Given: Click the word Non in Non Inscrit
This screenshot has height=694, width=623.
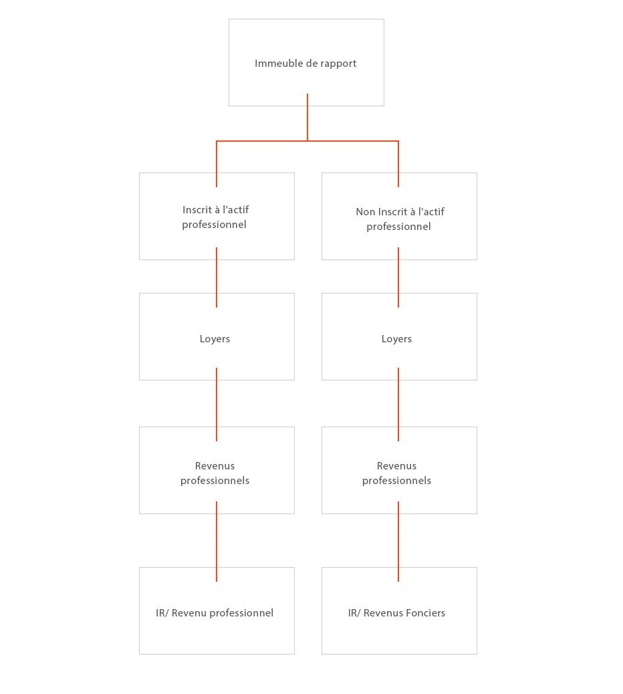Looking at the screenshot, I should pyautogui.click(x=366, y=212).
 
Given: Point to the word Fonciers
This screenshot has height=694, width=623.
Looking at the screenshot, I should pyautogui.click(x=424, y=613).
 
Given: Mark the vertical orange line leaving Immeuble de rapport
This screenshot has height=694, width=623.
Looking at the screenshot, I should pyautogui.click(x=307, y=118).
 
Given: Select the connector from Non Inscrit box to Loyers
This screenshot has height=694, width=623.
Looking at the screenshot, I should pyautogui.click(x=398, y=277).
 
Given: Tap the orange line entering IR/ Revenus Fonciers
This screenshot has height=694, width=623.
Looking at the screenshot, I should pyautogui.click(x=398, y=541).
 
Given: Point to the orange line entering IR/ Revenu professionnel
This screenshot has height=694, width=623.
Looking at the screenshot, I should pyautogui.click(x=217, y=541).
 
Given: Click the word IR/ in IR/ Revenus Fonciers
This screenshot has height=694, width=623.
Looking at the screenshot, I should pyautogui.click(x=354, y=613).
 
